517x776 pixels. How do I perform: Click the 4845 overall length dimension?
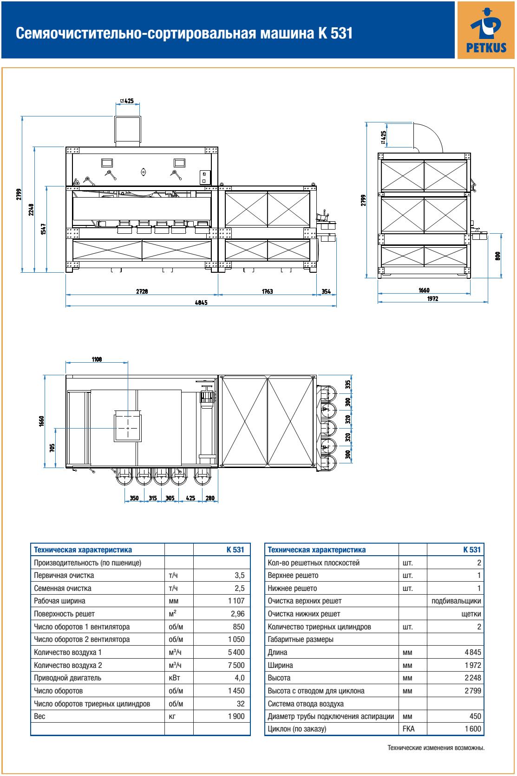pyautogui.click(x=201, y=302)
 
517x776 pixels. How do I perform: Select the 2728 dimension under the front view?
pyautogui.click(x=142, y=291)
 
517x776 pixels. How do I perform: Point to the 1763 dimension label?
pyautogui.click(x=267, y=291)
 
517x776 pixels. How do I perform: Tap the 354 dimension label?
pyautogui.click(x=327, y=291)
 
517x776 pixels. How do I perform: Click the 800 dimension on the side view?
pyautogui.click(x=497, y=256)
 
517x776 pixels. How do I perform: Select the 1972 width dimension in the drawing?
pyautogui.click(x=432, y=299)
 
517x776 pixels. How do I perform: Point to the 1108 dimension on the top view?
pyautogui.click(x=97, y=359)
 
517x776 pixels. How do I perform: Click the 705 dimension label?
pyautogui.click(x=52, y=447)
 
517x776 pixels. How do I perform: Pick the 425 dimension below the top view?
pyautogui.click(x=190, y=499)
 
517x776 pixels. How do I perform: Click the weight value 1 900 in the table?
pyautogui.click(x=236, y=716)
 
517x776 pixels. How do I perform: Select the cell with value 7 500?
pyautogui.click(x=236, y=665)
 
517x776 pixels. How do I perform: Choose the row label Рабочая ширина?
pyautogui.click(x=59, y=601)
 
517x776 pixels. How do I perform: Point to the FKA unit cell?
pyautogui.click(x=408, y=729)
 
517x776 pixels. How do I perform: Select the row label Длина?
pyautogui.click(x=277, y=652)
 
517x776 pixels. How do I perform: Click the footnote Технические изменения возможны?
pyautogui.click(x=436, y=748)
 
